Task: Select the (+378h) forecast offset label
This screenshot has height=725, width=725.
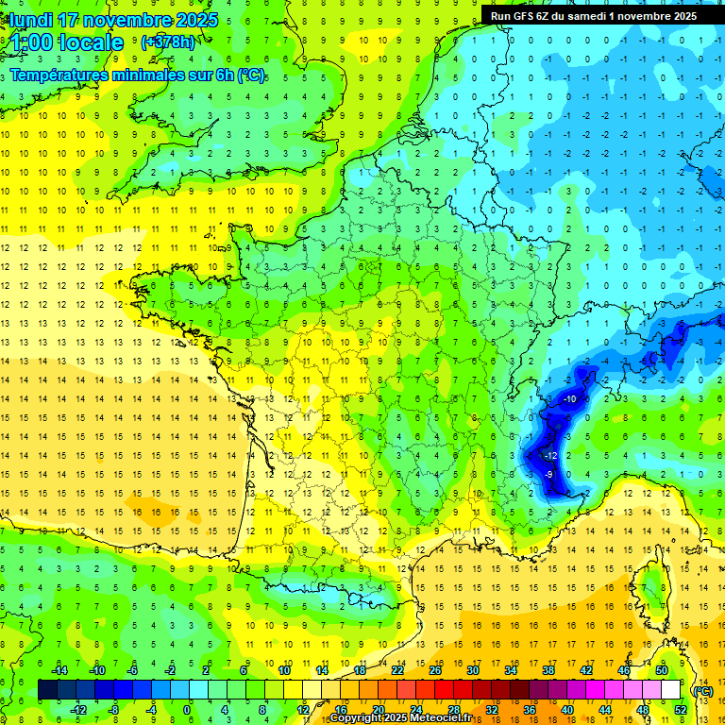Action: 167,42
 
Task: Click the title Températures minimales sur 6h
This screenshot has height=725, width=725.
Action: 138,76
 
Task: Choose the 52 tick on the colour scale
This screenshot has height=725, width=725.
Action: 681,710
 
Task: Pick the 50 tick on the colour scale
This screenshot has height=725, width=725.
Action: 662,670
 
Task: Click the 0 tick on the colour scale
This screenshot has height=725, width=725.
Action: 187,710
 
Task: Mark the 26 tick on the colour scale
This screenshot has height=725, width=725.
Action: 435,670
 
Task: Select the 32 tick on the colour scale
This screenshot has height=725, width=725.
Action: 492,710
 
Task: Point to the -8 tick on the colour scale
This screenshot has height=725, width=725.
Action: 112,710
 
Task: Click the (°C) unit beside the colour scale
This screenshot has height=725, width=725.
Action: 702,690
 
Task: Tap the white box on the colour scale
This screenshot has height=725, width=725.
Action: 671,690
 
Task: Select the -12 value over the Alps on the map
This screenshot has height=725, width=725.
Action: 550,456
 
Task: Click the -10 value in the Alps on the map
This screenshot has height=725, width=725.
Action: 569,399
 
